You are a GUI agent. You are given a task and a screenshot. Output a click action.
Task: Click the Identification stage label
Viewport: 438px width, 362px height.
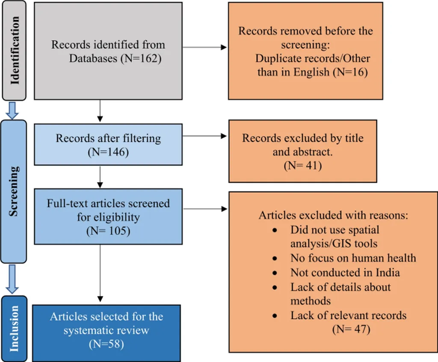click(x=15, y=50)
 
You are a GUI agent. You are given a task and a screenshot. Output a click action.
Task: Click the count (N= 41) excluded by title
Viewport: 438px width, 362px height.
click(x=303, y=165)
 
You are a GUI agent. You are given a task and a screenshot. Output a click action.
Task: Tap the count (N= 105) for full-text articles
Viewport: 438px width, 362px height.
click(x=108, y=231)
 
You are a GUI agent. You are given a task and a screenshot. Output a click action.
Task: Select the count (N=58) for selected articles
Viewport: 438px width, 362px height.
click(x=107, y=344)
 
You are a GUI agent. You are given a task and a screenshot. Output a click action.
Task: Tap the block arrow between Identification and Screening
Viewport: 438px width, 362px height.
click(x=13, y=110)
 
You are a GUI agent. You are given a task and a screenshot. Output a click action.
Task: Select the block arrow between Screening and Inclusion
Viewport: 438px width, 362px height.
click(x=13, y=278)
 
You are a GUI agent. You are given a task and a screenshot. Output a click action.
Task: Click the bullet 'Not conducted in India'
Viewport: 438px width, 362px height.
click(x=345, y=272)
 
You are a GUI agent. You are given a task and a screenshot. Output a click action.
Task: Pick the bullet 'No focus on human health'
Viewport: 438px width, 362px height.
click(x=353, y=258)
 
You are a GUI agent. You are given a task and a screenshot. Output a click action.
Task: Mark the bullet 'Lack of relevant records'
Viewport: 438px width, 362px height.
click(x=348, y=316)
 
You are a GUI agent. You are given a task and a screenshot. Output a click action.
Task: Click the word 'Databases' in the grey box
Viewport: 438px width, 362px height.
click(x=93, y=58)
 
